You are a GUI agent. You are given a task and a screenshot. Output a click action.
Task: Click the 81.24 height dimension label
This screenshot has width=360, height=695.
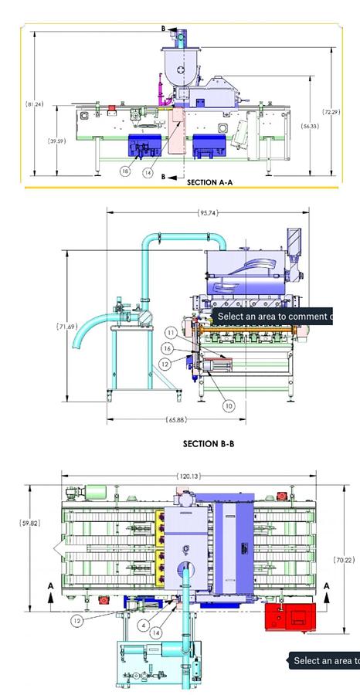point(33,104)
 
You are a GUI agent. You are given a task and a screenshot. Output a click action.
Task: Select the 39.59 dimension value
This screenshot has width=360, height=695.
point(56,141)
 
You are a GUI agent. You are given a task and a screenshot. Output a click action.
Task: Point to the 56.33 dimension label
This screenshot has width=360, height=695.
point(309,126)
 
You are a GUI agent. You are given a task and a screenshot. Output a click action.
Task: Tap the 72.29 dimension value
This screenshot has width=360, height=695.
point(331,113)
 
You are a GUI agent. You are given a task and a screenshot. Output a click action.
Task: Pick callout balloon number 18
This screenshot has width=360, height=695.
point(125,171)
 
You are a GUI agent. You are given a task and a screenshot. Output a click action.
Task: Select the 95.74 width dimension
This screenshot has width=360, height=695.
point(207,212)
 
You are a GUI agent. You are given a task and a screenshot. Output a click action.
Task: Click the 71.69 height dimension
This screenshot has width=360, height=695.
point(66,327)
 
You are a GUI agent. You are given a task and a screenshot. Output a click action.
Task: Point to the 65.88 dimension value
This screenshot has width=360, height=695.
point(176,420)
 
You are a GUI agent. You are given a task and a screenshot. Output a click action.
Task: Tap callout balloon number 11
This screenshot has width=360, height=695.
point(171,333)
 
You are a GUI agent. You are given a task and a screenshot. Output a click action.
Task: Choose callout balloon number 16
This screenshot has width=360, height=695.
point(166,349)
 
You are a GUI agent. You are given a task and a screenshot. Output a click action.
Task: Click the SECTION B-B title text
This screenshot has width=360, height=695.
point(208,444)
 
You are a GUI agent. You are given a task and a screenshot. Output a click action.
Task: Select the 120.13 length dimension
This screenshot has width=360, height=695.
point(188,476)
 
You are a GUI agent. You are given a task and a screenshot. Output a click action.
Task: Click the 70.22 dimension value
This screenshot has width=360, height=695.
point(343,560)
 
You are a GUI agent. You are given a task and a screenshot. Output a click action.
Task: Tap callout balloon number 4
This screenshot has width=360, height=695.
point(144,625)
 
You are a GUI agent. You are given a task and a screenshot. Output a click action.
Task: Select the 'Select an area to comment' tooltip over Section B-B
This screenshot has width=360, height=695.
point(273,317)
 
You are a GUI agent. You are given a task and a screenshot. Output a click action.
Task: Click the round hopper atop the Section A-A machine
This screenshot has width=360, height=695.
point(180,69)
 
